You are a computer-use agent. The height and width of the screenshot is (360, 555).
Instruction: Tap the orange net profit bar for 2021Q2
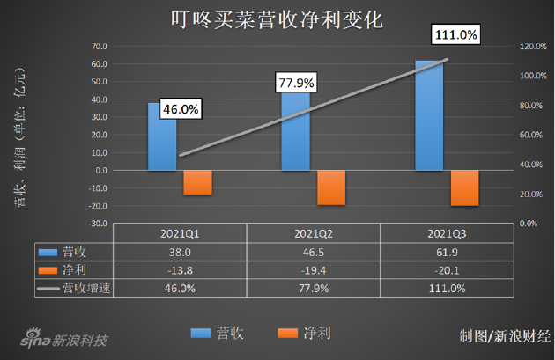coord(331,187)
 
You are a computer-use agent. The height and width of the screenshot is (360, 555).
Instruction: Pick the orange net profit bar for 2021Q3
coord(464,187)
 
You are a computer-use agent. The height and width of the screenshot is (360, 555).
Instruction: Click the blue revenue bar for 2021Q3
coord(429,114)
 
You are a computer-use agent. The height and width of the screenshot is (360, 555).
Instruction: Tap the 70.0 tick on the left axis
coord(99,46)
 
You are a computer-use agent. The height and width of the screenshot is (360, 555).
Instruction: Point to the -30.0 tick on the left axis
coord(97,224)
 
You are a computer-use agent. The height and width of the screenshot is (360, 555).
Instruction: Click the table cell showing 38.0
coord(181,251)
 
